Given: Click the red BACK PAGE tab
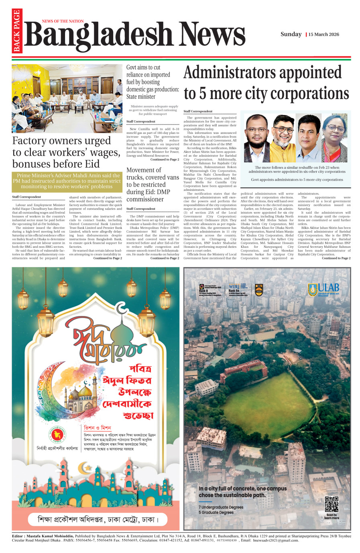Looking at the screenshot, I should [17, 31].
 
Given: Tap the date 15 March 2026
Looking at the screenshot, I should [324, 34].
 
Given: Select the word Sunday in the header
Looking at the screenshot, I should [291, 34].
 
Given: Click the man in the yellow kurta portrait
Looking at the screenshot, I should [283, 138].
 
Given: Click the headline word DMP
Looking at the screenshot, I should [163, 192].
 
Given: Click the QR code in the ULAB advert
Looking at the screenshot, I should [332, 504].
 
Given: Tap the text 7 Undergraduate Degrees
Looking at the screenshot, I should [221, 507].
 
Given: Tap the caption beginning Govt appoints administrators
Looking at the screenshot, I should [297, 180].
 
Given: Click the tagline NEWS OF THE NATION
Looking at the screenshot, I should [63, 21].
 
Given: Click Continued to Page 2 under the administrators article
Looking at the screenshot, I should [336, 258].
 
